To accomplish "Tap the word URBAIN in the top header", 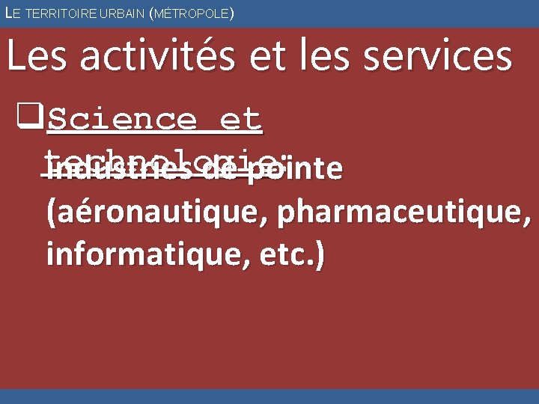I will [x=115, y=13].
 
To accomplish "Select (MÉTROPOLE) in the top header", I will [x=193, y=13].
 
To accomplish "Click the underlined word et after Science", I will [x=240, y=120].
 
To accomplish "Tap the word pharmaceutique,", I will [x=404, y=213].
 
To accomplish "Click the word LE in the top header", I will [x=10, y=13].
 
